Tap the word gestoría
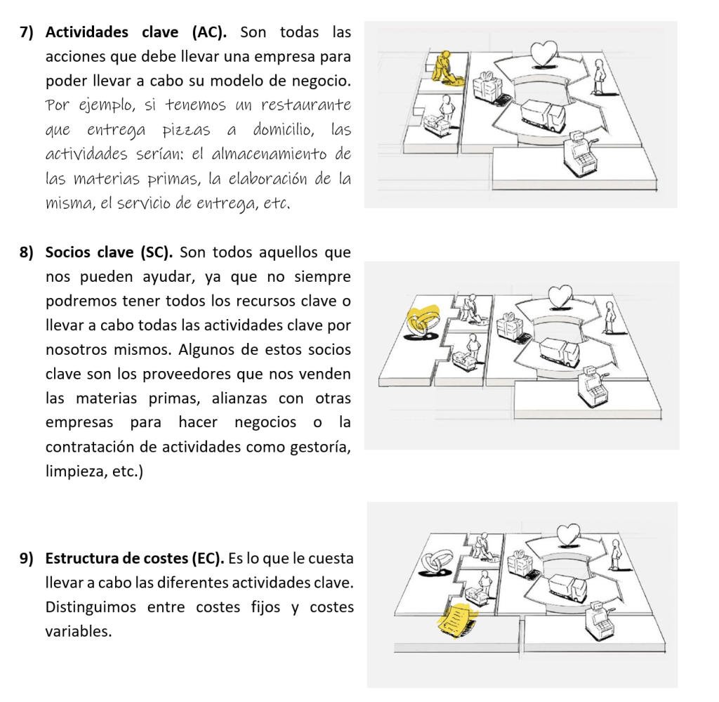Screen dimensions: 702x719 (319, 447)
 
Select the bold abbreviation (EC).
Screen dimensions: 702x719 (207, 559)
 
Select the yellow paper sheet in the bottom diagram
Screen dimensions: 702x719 (456, 618)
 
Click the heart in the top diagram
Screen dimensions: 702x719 (543, 51)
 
